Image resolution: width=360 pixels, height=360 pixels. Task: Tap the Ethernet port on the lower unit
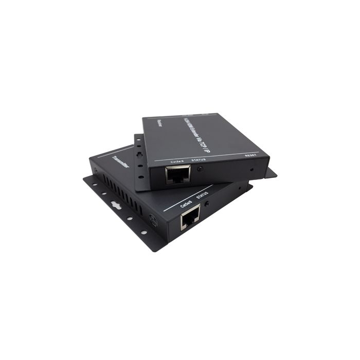190,221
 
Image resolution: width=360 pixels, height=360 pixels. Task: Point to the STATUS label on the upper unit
199,160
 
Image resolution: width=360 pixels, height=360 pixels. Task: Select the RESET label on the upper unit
251,155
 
